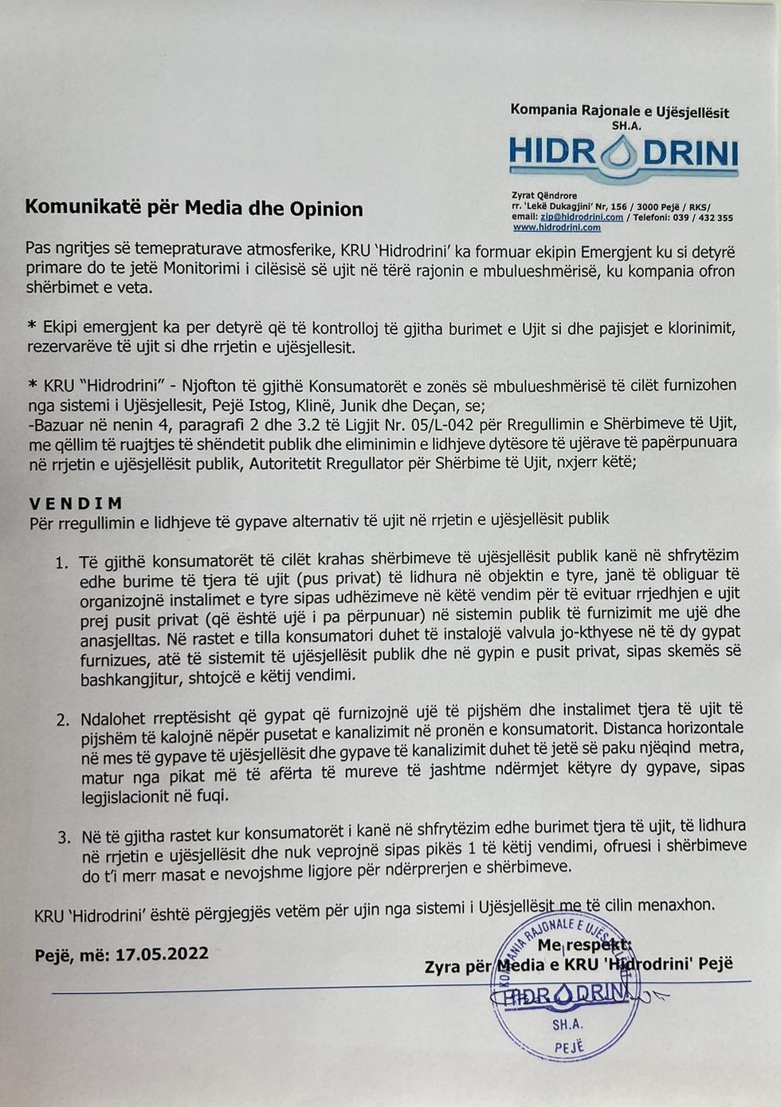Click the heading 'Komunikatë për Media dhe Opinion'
click(x=194, y=209)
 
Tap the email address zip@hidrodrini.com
click(x=581, y=217)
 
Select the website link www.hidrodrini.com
click(x=556, y=227)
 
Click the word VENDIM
click(x=77, y=503)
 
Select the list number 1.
click(x=61, y=563)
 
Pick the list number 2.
click(x=62, y=720)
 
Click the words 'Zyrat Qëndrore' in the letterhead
click(x=544, y=195)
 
